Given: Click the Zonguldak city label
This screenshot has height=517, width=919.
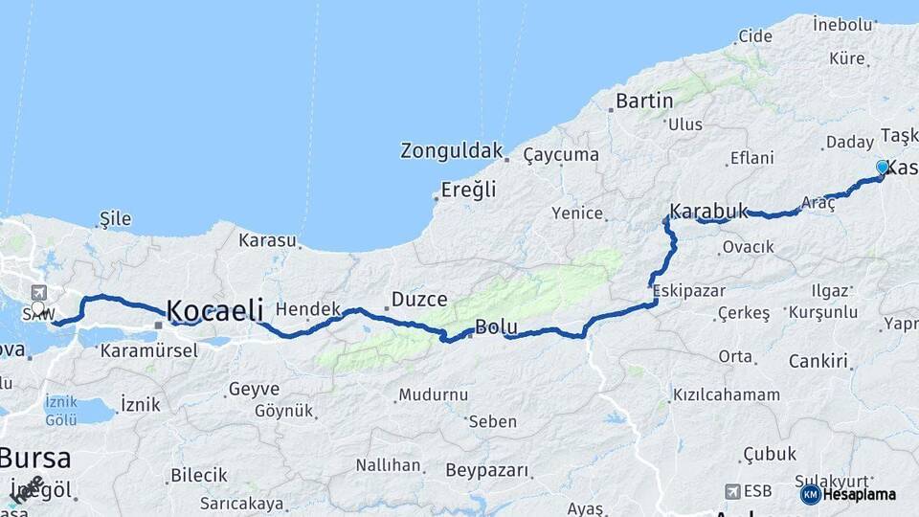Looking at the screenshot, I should pyautogui.click(x=451, y=150).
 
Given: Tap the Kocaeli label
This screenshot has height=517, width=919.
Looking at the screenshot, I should pyautogui.click(x=214, y=310).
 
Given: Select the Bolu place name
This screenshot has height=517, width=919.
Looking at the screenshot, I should pyautogui.click(x=496, y=327).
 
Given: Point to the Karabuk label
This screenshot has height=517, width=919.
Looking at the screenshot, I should pyautogui.click(x=708, y=210).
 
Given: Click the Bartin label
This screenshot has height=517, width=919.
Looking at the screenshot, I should pyautogui.click(x=644, y=100).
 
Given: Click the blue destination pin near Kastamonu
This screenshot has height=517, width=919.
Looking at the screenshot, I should pyautogui.click(x=882, y=169).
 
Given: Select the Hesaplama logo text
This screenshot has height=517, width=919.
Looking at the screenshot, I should pyautogui.click(x=859, y=494).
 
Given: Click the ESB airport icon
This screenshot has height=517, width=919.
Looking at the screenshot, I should pyautogui.click(x=733, y=491).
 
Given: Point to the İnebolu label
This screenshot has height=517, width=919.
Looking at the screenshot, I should pyautogui.click(x=841, y=22).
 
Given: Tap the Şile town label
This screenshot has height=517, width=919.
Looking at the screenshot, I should pyautogui.click(x=115, y=219).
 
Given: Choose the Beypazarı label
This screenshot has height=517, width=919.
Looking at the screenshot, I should pyautogui.click(x=486, y=470).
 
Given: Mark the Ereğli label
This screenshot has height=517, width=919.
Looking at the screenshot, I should pyautogui.click(x=468, y=190).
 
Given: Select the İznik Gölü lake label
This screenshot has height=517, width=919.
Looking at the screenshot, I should pyautogui.click(x=60, y=411).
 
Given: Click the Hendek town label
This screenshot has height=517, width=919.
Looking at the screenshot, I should pyautogui.click(x=308, y=309).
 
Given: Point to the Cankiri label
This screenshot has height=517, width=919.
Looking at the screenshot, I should pyautogui.click(x=818, y=361).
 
